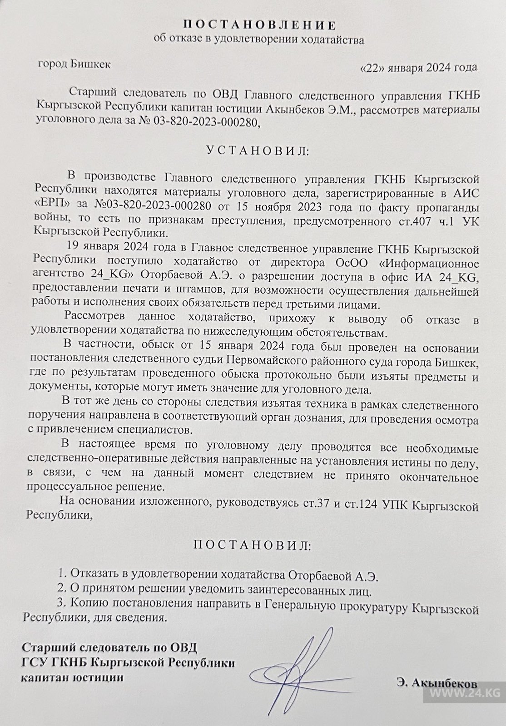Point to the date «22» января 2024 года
click(417, 68)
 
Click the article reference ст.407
click(427, 222)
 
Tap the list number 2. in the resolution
click(62, 591)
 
